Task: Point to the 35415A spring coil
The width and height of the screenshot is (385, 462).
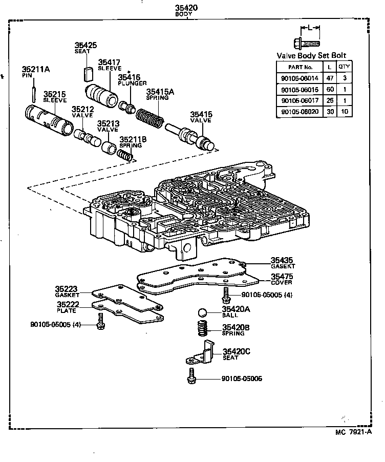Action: (150, 118)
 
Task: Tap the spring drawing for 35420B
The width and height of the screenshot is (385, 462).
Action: (205, 328)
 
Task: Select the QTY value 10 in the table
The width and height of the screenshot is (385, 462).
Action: (346, 111)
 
